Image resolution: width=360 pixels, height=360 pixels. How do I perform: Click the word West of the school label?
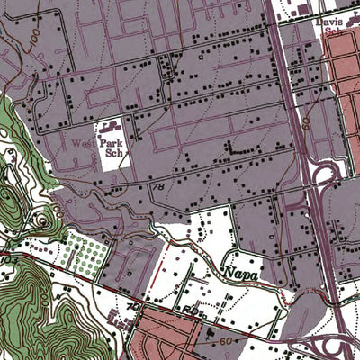[83, 143]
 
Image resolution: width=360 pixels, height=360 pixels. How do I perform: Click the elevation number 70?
[133, 307]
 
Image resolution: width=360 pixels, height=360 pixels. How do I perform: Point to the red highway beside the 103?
[36, 262]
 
